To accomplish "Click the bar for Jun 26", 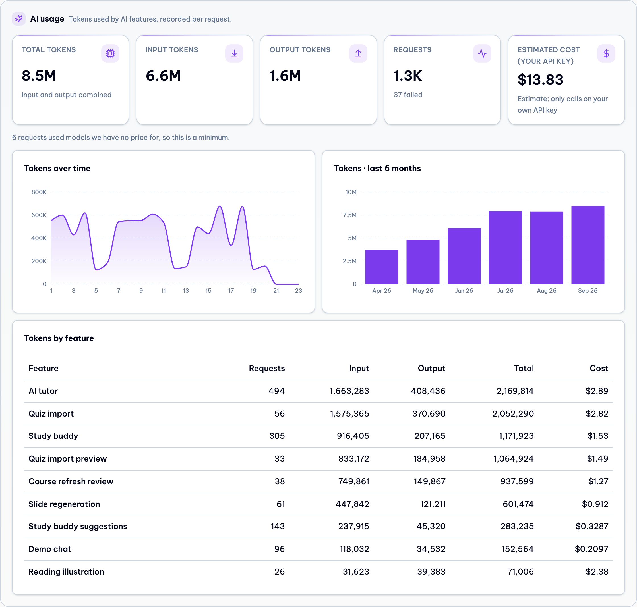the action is [x=464, y=256].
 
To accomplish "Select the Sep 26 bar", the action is [x=588, y=245].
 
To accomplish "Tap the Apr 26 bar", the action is [x=381, y=267].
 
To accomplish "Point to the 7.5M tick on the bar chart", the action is [x=350, y=215].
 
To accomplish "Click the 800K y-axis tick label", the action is [x=39, y=192].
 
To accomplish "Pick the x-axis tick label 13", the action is [x=186, y=290].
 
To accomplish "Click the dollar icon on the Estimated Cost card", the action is [x=606, y=53].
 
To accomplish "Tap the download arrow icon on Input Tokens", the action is [x=234, y=53].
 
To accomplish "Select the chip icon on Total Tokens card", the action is [x=110, y=53].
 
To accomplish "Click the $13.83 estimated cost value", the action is [x=540, y=80].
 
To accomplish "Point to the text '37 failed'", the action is [x=408, y=95].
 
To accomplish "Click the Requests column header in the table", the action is [x=266, y=368].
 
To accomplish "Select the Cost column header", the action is [x=599, y=368].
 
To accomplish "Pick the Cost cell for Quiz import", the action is [x=597, y=413].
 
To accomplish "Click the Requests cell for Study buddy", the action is [x=277, y=436].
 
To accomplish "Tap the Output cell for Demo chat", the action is [x=431, y=549].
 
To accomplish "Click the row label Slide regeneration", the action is [x=64, y=504].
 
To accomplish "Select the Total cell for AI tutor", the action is [x=515, y=391].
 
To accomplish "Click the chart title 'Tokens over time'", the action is [x=57, y=168].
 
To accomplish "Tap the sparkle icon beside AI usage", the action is [x=19, y=19].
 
